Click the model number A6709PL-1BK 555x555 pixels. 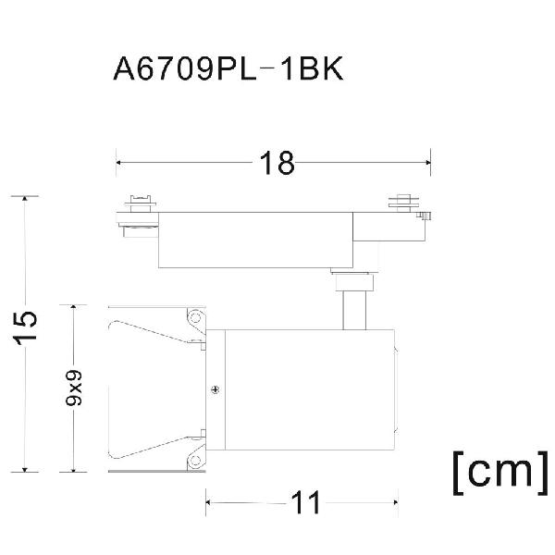228,68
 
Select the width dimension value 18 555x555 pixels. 277,163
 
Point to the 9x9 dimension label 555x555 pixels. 74,388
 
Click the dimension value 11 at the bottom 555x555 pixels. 305,502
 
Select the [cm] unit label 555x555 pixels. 500,473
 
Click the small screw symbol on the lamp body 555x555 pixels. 215,389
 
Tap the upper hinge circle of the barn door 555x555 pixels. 195,316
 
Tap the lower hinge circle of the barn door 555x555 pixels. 195,460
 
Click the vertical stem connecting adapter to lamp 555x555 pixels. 354,310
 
